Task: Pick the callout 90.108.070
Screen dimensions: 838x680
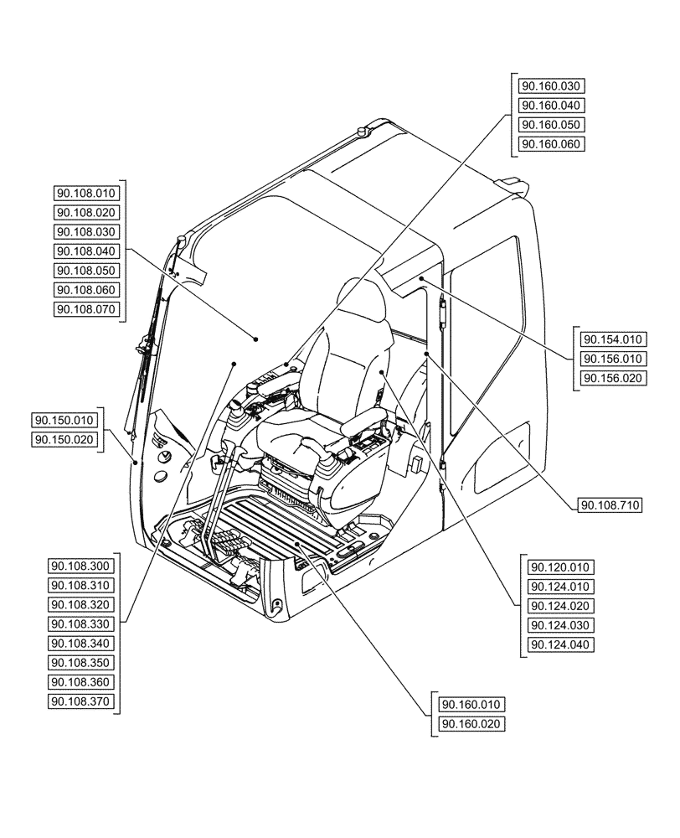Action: [x=87, y=309]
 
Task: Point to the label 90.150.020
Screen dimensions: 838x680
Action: [x=65, y=439]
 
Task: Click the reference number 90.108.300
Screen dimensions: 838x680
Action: [x=81, y=566]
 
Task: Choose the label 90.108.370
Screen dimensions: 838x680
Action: [x=81, y=701]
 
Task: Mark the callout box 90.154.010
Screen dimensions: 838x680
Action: [x=612, y=339]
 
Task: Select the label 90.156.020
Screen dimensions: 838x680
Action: [x=612, y=378]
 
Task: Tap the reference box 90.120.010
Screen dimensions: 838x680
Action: [x=559, y=567]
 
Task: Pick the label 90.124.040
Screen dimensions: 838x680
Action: [x=559, y=644]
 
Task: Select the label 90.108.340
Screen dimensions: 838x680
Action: [x=81, y=643]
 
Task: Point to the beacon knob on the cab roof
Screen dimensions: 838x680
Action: [x=363, y=131]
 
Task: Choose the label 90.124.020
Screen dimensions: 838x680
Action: [x=559, y=606]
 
